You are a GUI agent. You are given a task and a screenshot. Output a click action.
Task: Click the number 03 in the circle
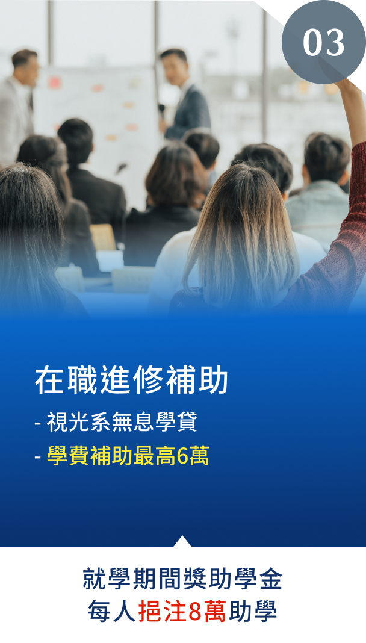coord(323,43)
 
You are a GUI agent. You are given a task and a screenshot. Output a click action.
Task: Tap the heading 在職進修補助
coord(131,380)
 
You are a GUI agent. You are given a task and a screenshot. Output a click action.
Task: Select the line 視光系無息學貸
coord(122,421)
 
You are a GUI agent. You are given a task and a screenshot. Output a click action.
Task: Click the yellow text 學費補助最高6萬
coord(128,456)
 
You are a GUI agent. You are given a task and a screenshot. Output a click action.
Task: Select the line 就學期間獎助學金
coord(182,579)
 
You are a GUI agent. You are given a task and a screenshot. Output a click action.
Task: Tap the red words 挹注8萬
coord(182,612)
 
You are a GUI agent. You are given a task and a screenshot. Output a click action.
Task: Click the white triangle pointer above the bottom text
coord(182,541)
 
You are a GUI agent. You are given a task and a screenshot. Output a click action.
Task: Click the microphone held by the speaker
coord(162,110)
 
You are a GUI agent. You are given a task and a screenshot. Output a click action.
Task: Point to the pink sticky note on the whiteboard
coord(55,82)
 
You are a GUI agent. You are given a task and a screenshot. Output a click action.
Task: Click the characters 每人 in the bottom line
coord(111,612)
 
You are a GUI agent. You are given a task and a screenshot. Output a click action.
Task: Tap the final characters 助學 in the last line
coord(253,612)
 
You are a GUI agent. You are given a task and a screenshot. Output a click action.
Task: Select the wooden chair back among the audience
coord(104,237)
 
